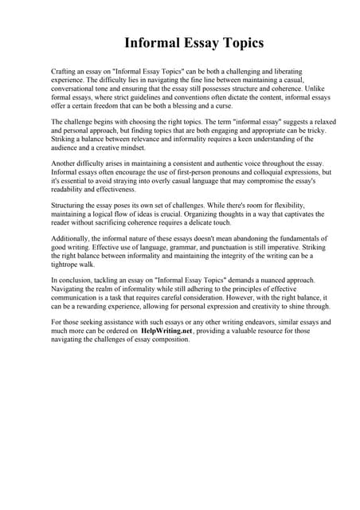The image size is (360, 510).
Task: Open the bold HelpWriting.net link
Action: pyautogui.click(x=167, y=331)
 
